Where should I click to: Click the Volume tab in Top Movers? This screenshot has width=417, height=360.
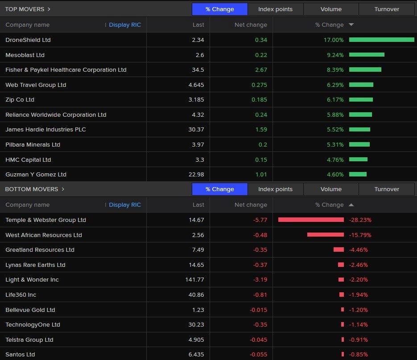coord(331,9)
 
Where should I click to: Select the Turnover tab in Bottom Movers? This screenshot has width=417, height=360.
coord(387,189)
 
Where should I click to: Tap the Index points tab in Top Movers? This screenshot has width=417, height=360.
coord(275,9)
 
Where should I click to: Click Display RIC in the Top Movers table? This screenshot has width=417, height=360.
coord(124,25)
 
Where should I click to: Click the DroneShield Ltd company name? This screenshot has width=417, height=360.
coord(28,40)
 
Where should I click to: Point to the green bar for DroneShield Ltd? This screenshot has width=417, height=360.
coord(381,40)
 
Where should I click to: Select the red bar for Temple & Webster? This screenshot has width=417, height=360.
coord(311,220)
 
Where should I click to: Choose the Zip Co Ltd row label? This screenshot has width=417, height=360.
coord(20,100)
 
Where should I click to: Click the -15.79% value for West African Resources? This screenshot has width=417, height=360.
coord(360,235)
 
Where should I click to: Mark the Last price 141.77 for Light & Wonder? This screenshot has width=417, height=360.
coord(194,280)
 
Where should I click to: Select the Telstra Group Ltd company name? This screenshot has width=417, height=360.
coord(29,340)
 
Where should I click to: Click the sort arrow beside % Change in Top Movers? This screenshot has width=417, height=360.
coord(351,25)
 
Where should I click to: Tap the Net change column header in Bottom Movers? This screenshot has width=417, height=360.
coord(251,205)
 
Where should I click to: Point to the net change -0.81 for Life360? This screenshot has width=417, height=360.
coord(260,295)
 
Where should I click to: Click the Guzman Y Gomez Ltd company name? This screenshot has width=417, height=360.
coord(36,175)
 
